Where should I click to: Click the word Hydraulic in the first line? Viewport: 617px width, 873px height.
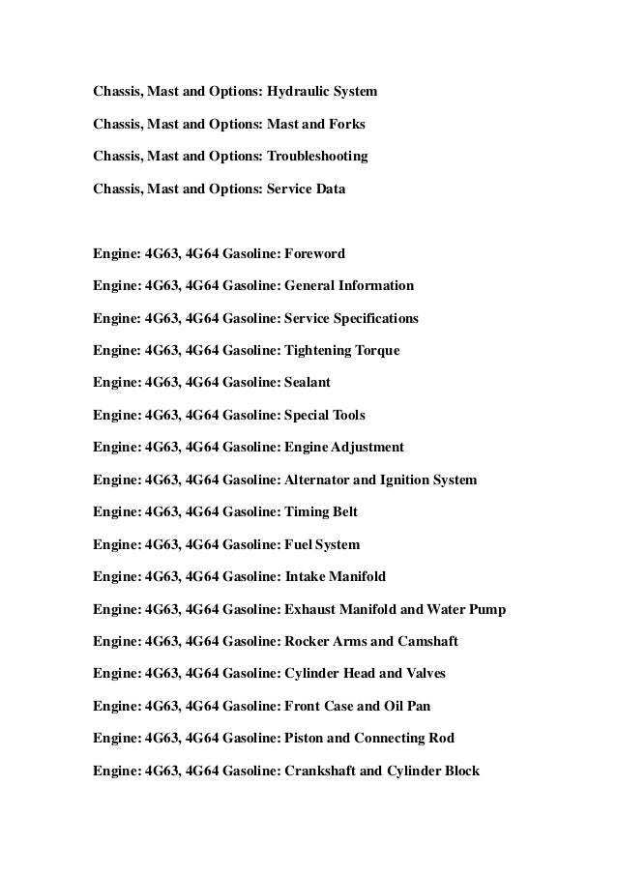point(294,92)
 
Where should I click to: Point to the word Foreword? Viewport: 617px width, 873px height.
point(313,254)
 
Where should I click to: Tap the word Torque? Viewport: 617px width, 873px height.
point(376,350)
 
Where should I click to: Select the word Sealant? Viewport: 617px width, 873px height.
point(308,382)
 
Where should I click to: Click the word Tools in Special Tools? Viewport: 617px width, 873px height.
point(347,415)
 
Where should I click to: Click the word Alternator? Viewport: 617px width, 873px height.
point(318,479)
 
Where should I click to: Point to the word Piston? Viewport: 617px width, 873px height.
point(303,739)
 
